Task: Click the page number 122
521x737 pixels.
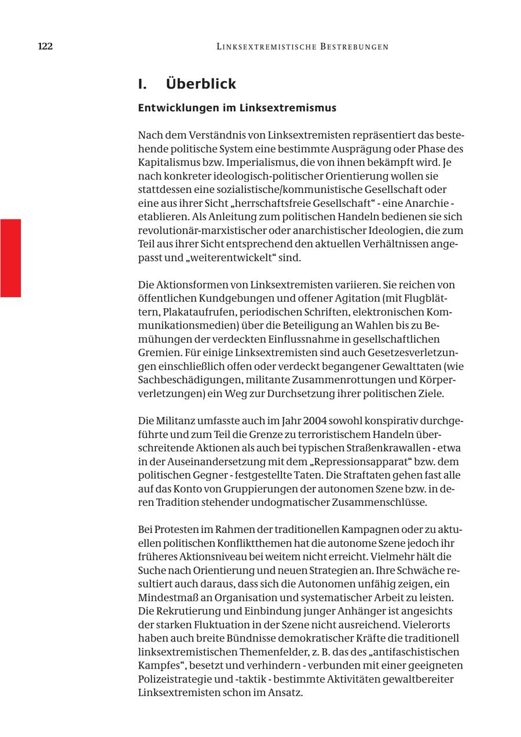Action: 45,46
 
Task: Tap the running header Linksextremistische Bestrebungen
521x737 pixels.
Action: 302,47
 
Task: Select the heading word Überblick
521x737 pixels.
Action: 201,84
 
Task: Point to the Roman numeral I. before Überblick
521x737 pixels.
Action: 142,84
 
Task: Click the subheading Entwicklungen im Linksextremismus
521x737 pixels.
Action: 237,108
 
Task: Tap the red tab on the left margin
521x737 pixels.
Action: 10,258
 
